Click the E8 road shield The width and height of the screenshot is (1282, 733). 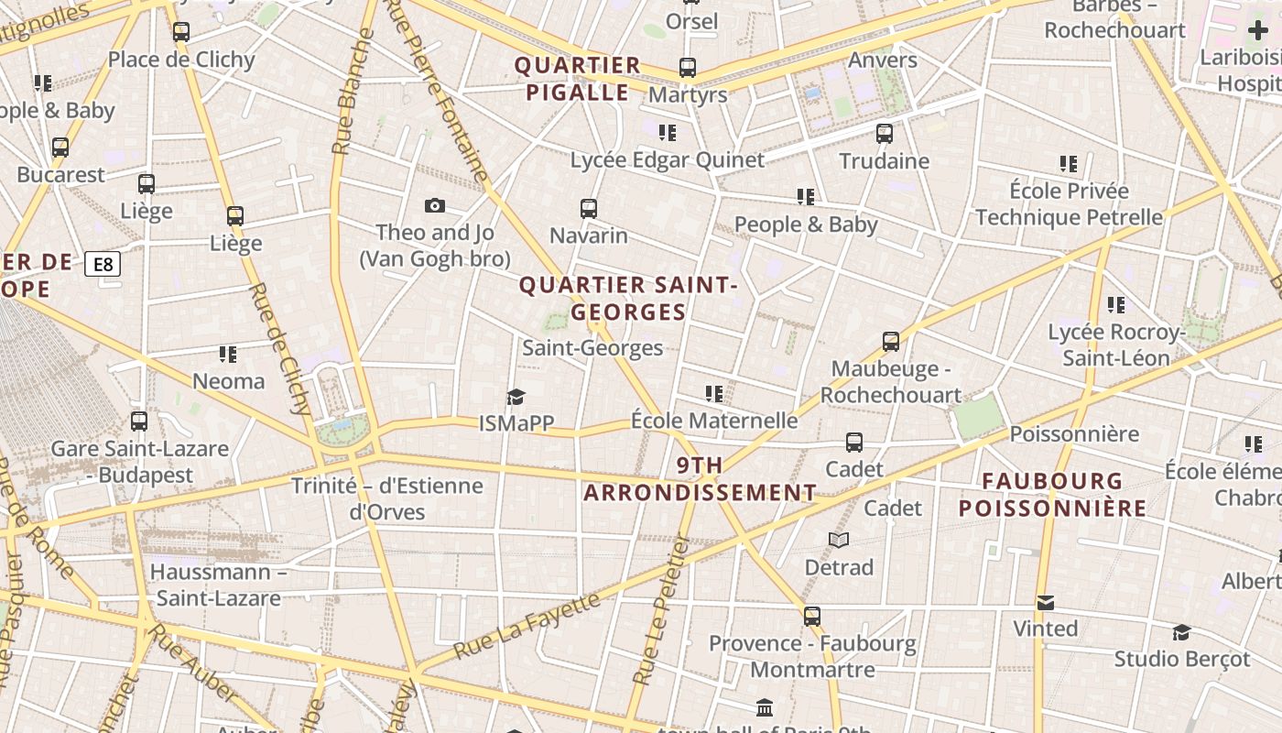pos(103,265)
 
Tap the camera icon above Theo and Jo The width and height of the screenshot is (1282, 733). pos(435,206)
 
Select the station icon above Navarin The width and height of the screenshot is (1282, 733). pos(589,209)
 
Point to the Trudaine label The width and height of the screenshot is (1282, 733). pos(884,161)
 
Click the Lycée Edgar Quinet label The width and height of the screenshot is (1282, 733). pos(667,160)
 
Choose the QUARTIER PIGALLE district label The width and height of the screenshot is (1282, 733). pos(577,79)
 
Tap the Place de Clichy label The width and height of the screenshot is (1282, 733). pos(181,60)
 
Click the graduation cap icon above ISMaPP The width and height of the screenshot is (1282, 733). pos(516,397)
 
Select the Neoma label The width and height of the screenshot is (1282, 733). pos(228,381)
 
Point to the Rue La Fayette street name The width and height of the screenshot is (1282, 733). pos(527,628)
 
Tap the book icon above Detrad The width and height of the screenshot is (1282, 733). pos(839,540)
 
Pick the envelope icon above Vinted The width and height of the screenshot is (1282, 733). pos(1045,602)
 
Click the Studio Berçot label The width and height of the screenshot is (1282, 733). pos(1181,659)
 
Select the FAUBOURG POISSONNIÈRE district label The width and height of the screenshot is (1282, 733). pos(1052,495)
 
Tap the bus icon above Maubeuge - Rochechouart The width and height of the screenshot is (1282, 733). pos(890,342)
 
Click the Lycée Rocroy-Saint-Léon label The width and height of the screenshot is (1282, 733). pos(1116,345)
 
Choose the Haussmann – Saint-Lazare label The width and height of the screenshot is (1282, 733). pos(218,585)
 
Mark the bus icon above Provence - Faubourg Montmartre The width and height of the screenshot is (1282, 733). pos(812,616)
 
